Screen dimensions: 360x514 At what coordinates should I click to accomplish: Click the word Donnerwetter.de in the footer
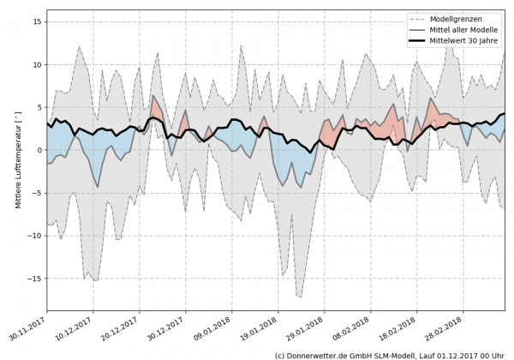[319, 354]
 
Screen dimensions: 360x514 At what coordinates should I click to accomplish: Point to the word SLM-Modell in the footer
[393, 354]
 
